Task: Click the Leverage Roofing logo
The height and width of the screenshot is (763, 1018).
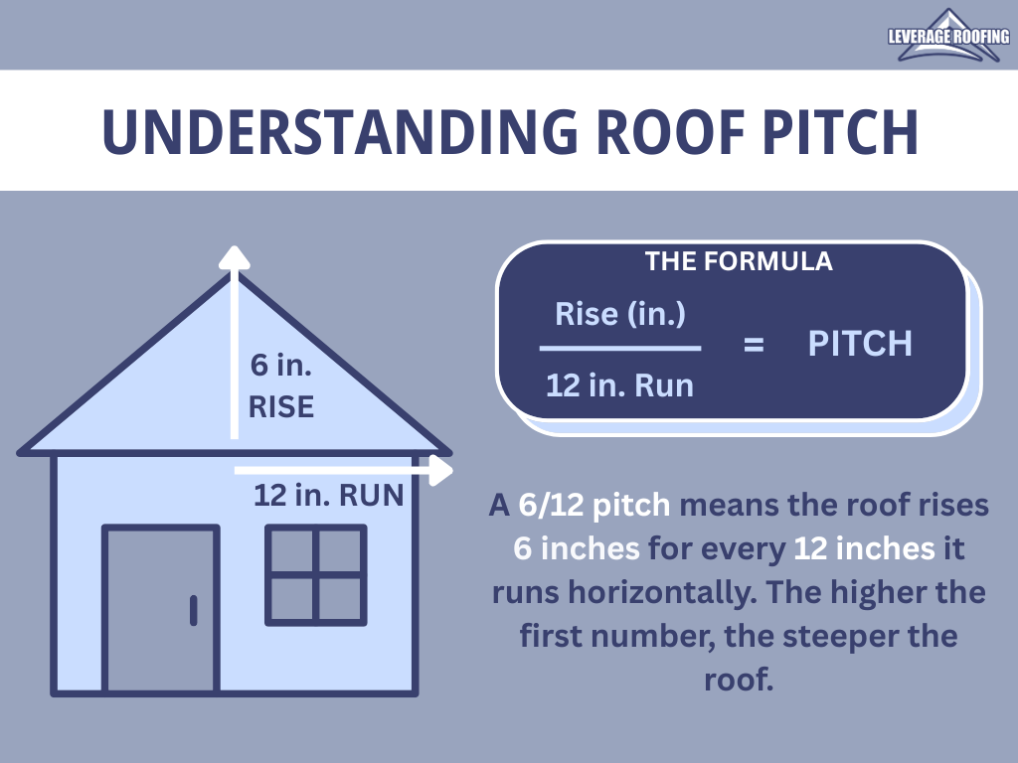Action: click(x=948, y=36)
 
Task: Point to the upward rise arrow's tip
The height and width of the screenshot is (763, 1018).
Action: click(x=235, y=247)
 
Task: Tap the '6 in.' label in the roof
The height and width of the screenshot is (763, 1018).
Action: click(x=281, y=365)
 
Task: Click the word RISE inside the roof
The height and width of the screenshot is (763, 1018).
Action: click(x=281, y=406)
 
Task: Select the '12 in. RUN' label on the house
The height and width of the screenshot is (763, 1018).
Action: click(x=328, y=495)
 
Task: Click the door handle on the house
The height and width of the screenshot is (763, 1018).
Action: click(x=194, y=610)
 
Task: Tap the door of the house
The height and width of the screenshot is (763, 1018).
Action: click(x=161, y=609)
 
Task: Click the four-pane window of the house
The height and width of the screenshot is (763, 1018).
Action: click(x=315, y=575)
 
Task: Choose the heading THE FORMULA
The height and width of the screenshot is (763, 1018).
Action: click(x=739, y=261)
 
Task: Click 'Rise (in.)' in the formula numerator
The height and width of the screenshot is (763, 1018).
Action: click(x=620, y=314)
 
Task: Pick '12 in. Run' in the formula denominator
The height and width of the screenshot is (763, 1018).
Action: click(x=620, y=385)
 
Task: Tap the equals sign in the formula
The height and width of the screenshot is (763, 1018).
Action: click(x=754, y=344)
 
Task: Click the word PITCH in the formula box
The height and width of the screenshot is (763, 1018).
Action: click(x=860, y=343)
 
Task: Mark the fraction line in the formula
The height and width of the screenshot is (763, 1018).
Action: click(x=620, y=349)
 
